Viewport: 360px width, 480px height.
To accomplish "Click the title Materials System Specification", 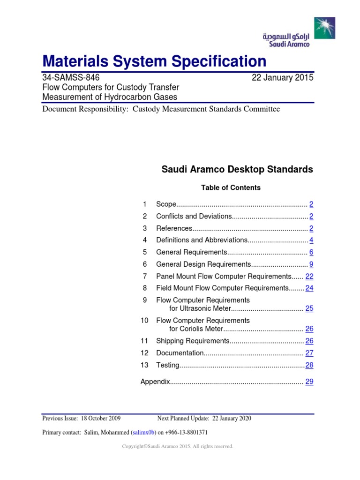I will click(x=154, y=61).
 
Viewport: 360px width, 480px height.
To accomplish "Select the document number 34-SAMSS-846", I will click(x=71, y=78).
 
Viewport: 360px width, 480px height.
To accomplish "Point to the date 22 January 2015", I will click(x=283, y=78).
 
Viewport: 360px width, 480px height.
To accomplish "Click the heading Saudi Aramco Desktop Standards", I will click(x=237, y=170).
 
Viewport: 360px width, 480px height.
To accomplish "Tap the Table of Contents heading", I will click(x=231, y=187).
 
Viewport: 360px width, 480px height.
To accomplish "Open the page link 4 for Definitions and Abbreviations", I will click(x=311, y=240).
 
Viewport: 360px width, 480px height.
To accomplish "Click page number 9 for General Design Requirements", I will click(x=311, y=264).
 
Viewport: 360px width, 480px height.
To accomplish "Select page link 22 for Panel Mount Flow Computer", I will click(x=309, y=277).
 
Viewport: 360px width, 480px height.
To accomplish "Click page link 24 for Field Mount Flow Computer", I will click(x=309, y=288).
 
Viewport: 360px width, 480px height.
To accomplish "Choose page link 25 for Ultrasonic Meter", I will click(x=309, y=308).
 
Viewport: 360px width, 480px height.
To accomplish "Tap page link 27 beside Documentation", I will click(x=309, y=353).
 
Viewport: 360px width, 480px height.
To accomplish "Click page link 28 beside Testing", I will click(x=309, y=365).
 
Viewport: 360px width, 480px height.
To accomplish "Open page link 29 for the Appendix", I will click(x=309, y=382).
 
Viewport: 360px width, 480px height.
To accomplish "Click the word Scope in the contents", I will click(x=166, y=204).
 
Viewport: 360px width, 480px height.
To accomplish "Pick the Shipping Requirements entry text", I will click(x=192, y=341).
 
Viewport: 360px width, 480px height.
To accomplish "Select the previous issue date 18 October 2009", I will click(x=101, y=419).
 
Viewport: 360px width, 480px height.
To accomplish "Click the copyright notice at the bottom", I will click(x=177, y=447).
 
